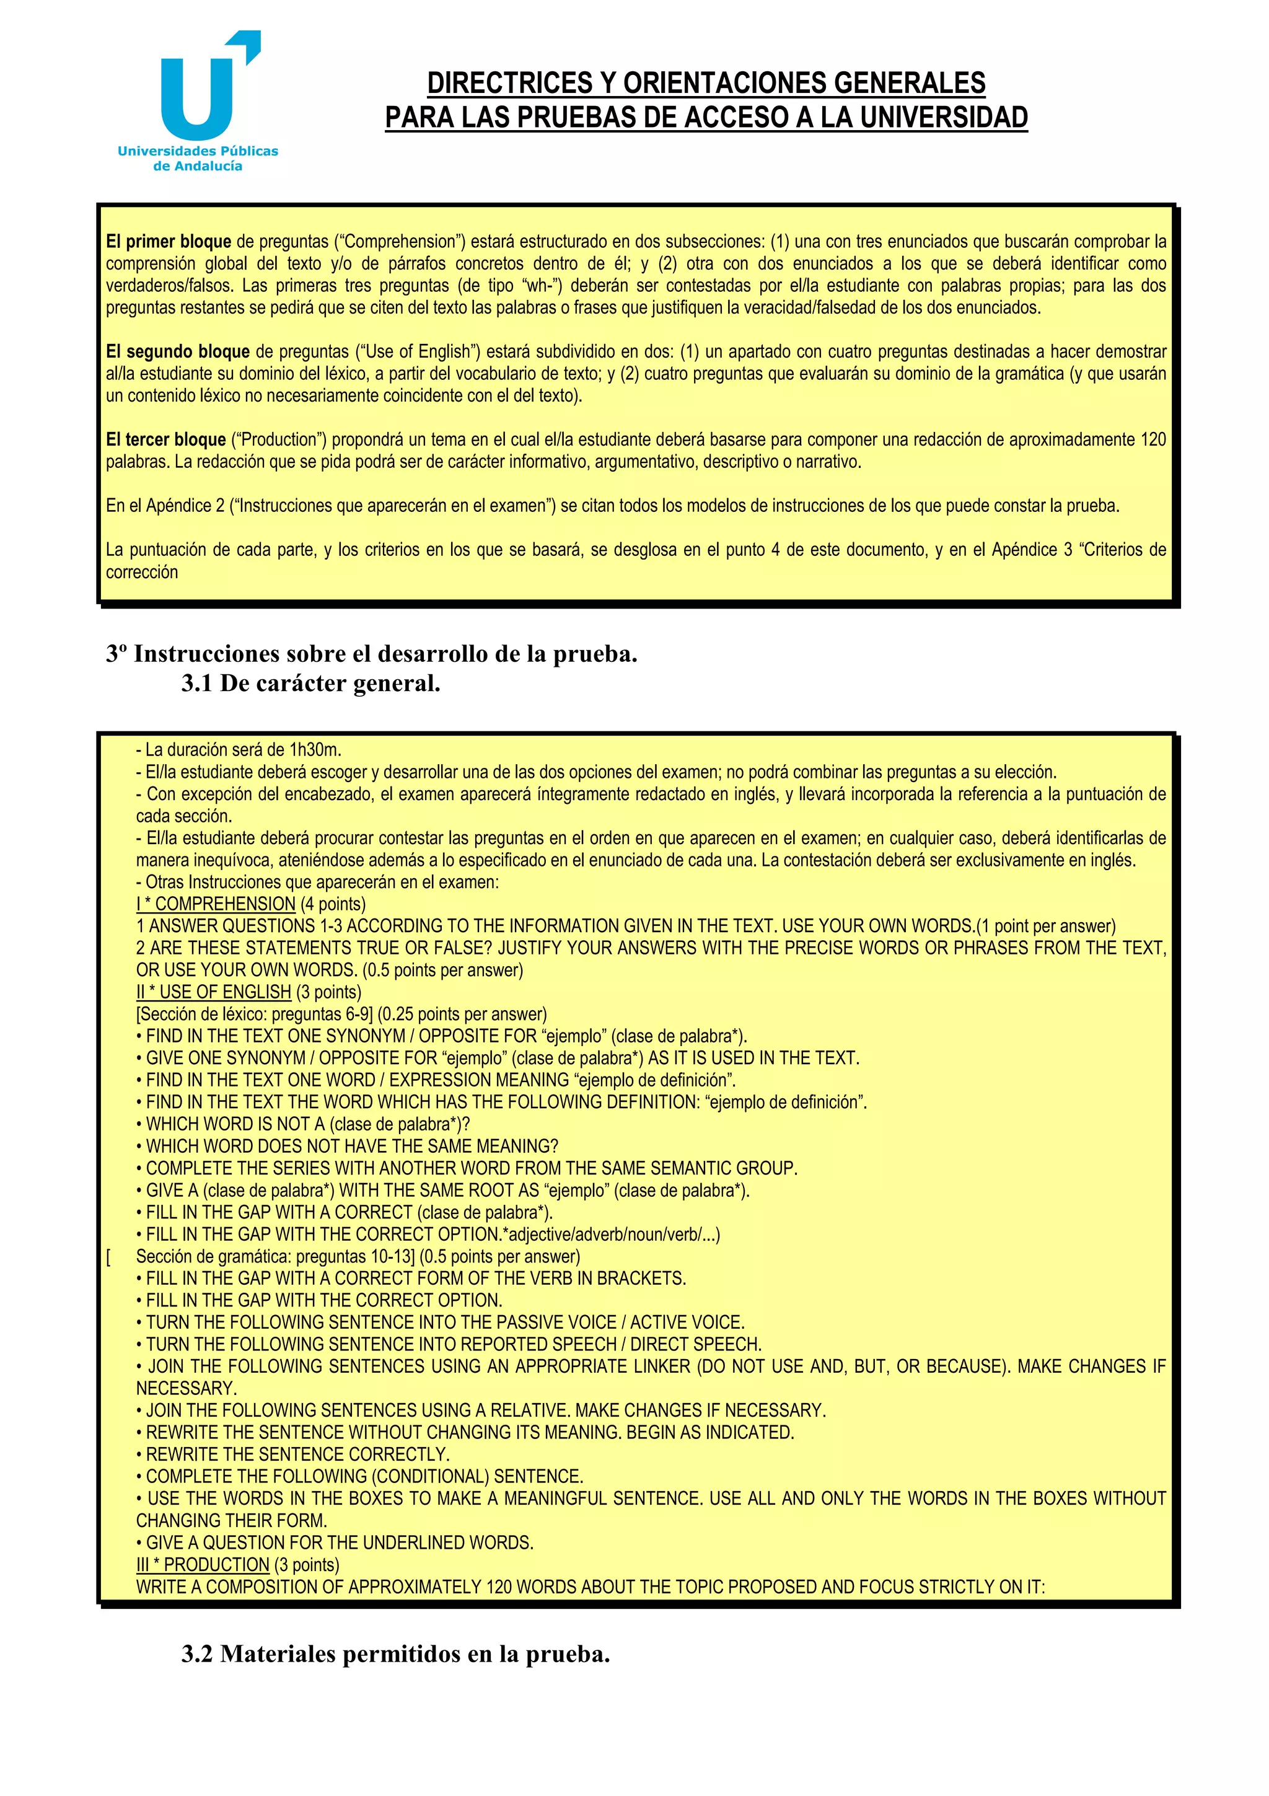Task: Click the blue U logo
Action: tap(196, 98)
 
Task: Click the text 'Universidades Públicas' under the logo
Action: tap(198, 151)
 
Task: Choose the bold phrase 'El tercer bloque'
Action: tap(166, 439)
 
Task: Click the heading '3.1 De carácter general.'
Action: tap(310, 684)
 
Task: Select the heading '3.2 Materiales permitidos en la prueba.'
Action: tap(396, 1653)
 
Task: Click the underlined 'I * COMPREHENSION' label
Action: tap(216, 904)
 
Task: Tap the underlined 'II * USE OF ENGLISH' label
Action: tap(213, 992)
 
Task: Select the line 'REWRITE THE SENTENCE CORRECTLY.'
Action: tap(298, 1455)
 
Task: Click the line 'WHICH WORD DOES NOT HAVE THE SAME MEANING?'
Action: tap(352, 1147)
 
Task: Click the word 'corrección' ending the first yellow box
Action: tap(143, 572)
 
